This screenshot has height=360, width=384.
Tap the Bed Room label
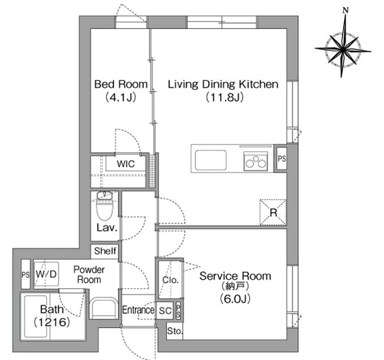[x=121, y=84]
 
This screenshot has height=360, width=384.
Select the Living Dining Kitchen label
[x=223, y=84]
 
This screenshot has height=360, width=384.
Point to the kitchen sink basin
[x=211, y=160]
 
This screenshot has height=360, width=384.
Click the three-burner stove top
[x=256, y=161]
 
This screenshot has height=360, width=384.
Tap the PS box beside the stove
[x=282, y=158]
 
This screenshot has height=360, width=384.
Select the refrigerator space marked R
[x=273, y=213]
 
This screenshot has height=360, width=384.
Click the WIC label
[x=126, y=164]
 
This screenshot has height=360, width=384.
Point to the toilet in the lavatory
[x=104, y=205]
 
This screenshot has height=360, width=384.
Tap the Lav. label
[x=107, y=228]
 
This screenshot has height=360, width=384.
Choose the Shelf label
[x=105, y=251]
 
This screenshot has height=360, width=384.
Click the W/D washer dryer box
[x=46, y=274]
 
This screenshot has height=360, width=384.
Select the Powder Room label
[x=89, y=275]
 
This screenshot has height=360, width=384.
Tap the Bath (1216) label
[x=52, y=316]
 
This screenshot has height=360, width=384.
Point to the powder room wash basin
[x=103, y=308]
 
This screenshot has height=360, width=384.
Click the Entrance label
[x=138, y=310]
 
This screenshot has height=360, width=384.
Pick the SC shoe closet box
[x=165, y=310]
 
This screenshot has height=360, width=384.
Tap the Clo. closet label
[x=170, y=280]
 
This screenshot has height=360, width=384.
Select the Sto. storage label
[x=175, y=331]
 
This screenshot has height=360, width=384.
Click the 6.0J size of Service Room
[x=235, y=299]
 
